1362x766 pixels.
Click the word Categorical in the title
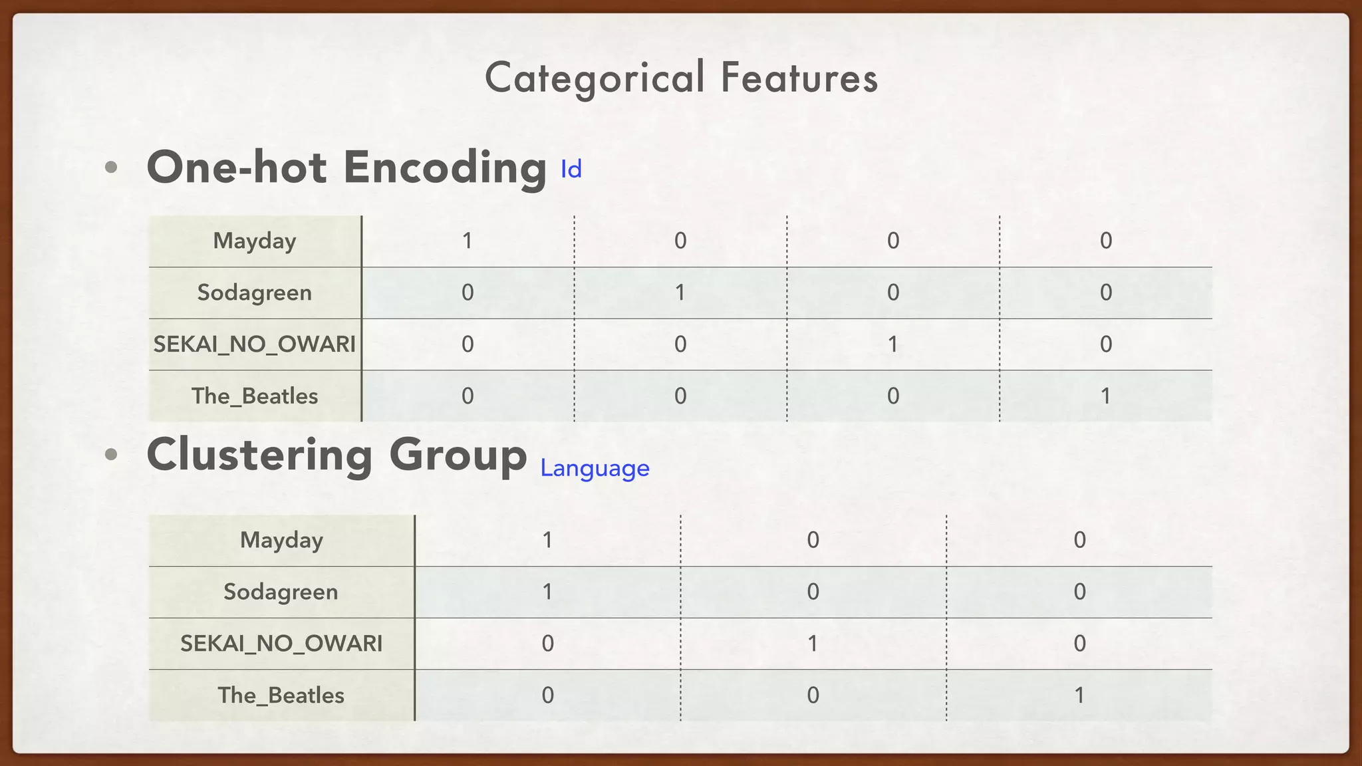point(595,78)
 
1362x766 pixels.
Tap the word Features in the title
point(799,78)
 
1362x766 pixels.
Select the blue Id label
point(571,170)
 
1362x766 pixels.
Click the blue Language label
point(595,469)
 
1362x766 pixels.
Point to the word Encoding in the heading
point(445,167)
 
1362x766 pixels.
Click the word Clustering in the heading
point(259,455)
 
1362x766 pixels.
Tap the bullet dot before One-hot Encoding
point(111,168)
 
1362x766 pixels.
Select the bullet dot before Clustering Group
point(111,455)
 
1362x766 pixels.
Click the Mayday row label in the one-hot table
point(255,241)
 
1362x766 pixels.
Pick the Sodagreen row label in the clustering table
point(281,592)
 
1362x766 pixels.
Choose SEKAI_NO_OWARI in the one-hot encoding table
point(255,344)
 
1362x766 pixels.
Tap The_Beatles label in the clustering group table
point(281,696)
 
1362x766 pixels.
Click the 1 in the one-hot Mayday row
point(468,241)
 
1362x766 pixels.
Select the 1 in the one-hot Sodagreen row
point(680,293)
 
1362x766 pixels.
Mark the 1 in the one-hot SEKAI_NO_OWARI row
point(892,344)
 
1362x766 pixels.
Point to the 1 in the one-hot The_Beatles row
point(1105,396)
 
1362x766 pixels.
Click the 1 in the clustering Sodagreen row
point(547,592)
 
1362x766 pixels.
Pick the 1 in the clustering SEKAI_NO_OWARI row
point(813,644)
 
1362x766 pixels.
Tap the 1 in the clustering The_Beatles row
point(1079,696)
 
